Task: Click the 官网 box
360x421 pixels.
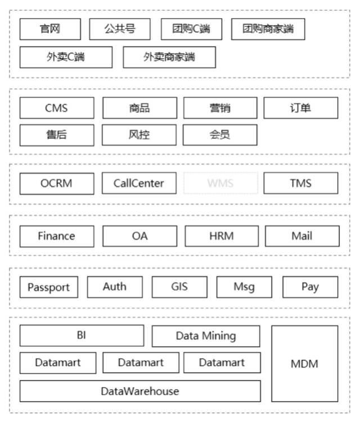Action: (x=50, y=29)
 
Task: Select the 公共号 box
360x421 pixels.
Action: (x=120, y=29)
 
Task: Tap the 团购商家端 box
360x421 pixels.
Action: (x=268, y=29)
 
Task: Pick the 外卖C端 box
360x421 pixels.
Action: (x=66, y=57)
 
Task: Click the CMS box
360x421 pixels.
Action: (x=57, y=108)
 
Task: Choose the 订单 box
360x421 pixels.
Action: (x=301, y=108)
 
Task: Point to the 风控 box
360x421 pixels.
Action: (x=139, y=135)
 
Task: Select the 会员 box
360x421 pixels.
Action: (x=220, y=135)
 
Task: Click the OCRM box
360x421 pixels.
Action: (x=57, y=183)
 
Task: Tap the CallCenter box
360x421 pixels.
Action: (x=139, y=183)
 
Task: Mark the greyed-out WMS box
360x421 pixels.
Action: (x=220, y=183)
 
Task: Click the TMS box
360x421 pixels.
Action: (x=301, y=183)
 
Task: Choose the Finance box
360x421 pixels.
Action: (x=57, y=236)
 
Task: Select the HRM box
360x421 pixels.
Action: (x=221, y=236)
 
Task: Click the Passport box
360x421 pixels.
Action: (x=49, y=287)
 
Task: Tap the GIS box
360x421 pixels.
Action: (x=179, y=287)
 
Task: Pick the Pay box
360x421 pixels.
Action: (x=310, y=287)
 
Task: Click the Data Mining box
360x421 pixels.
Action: (x=206, y=336)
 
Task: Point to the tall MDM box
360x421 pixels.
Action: (x=304, y=364)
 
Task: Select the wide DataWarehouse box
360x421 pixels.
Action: (x=140, y=391)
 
